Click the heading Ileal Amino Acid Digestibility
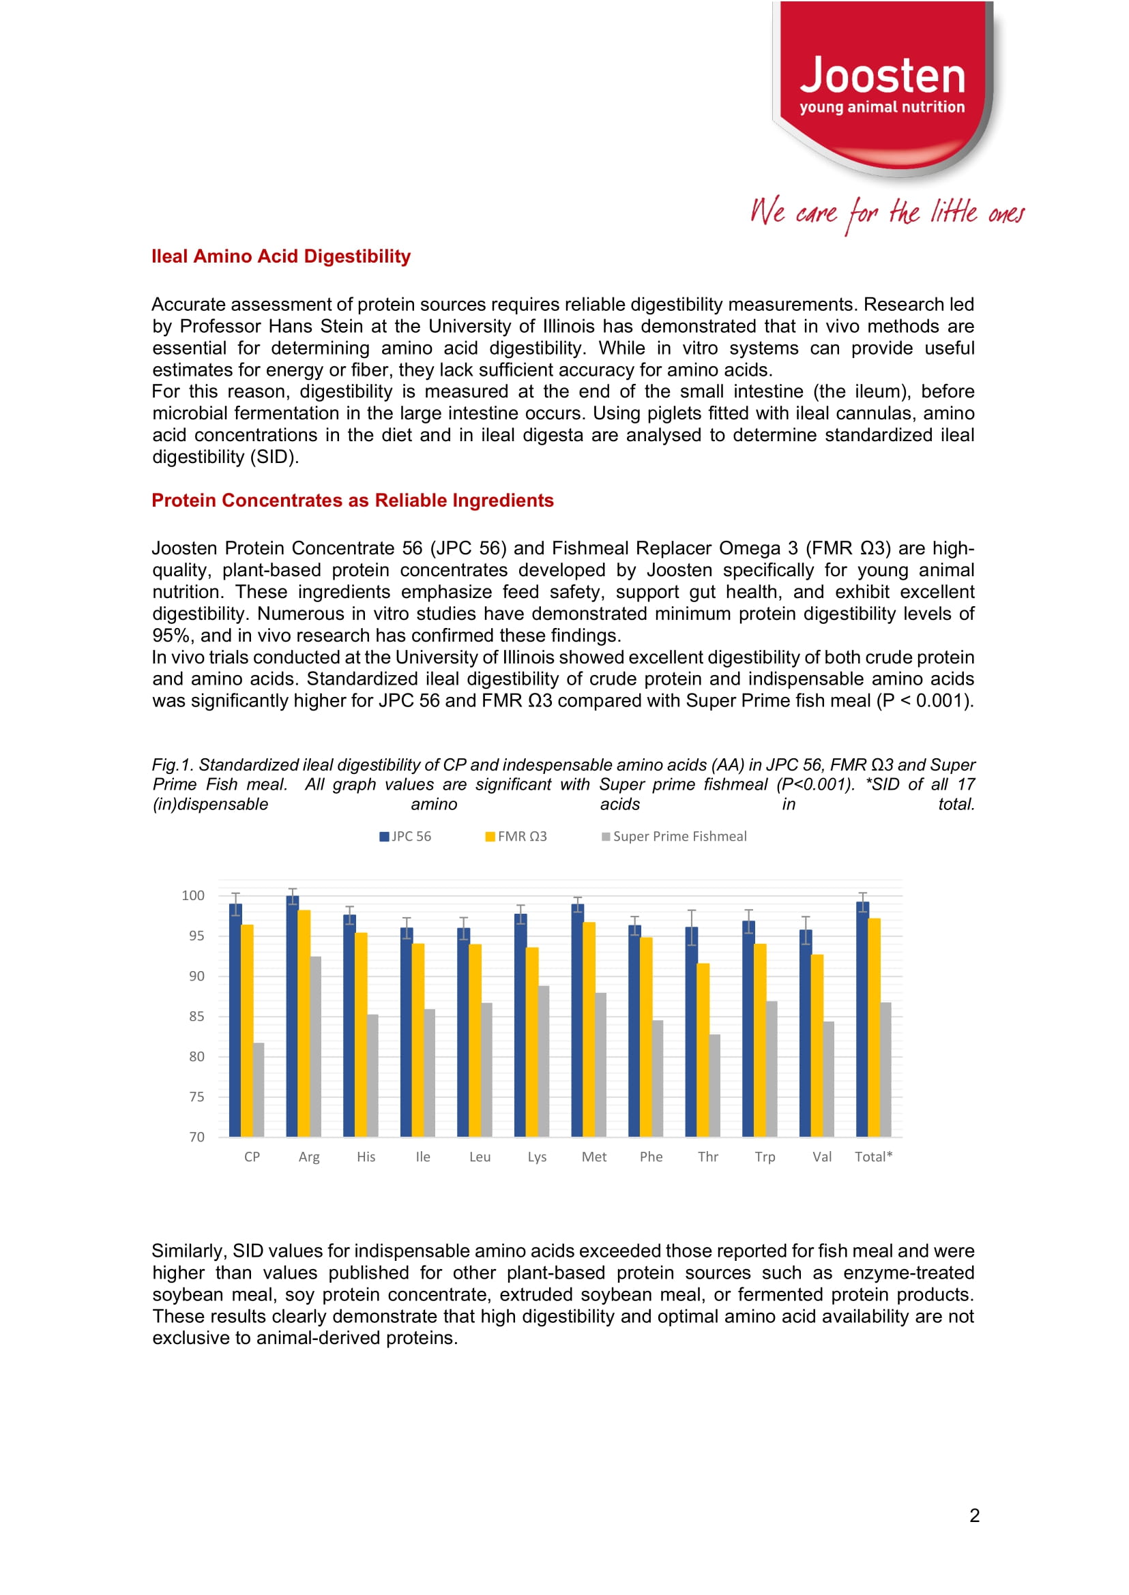coord(281,256)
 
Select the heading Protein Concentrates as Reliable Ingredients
coord(353,501)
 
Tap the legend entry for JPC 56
coord(405,836)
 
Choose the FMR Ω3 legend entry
coord(516,836)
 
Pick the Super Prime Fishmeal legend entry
coord(675,836)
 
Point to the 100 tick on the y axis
coord(192,895)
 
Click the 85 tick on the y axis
coord(196,1016)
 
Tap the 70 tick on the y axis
coord(196,1137)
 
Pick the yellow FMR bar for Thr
coord(703,1049)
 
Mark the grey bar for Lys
coord(544,1061)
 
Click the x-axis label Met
coord(593,1157)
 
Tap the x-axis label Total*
coord(873,1157)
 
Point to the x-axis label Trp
coord(765,1157)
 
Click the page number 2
coord(974,1515)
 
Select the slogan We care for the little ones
coord(886,213)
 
